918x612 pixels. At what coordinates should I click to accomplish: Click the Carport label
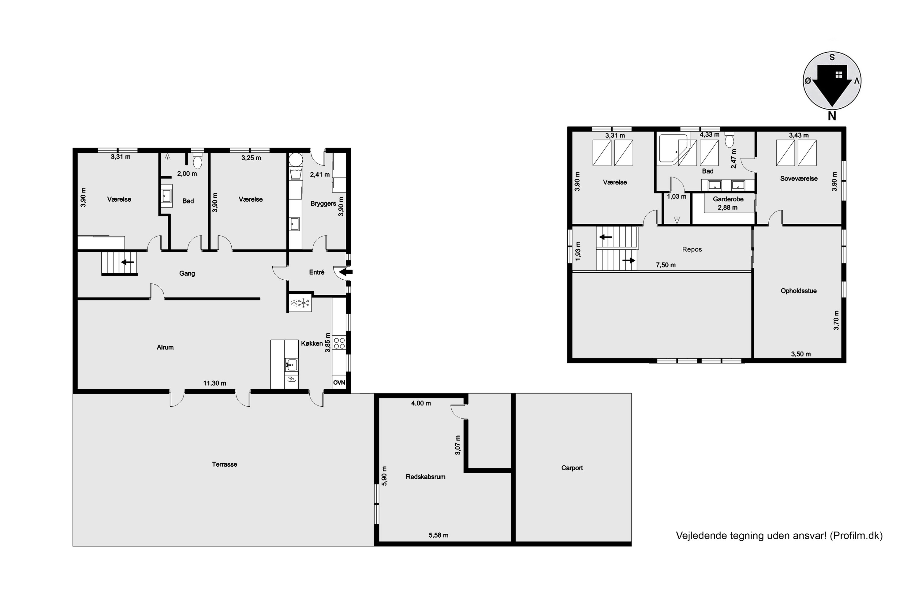coord(572,468)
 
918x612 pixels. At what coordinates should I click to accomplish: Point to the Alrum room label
coord(165,347)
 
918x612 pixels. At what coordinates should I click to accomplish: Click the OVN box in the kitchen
coord(339,382)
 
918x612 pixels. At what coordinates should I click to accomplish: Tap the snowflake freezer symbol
coord(300,303)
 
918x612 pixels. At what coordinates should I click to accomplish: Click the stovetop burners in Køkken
coord(339,343)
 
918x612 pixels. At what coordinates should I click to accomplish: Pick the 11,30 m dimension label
coord(215,383)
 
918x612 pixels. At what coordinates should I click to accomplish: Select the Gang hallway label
coord(187,273)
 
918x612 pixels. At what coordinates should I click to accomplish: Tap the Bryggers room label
coord(323,203)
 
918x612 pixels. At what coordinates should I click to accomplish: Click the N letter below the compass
coord(832,116)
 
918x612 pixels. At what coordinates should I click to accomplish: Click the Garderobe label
coord(728,199)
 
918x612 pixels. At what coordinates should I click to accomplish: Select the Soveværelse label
coord(799,178)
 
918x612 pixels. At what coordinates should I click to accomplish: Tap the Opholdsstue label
coord(799,291)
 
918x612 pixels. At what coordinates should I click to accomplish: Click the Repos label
coord(692,249)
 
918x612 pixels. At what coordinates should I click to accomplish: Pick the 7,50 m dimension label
coord(666,265)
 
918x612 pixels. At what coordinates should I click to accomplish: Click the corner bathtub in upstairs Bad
coord(673,149)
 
